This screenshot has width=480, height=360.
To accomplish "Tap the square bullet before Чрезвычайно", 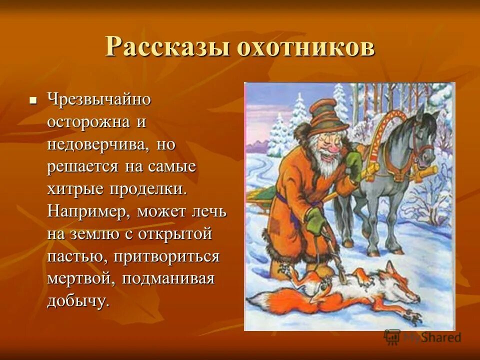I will pos(33,100).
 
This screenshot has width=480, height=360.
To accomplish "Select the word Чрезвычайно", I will pos(99,99).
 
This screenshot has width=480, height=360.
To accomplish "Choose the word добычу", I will pos(77,301).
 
